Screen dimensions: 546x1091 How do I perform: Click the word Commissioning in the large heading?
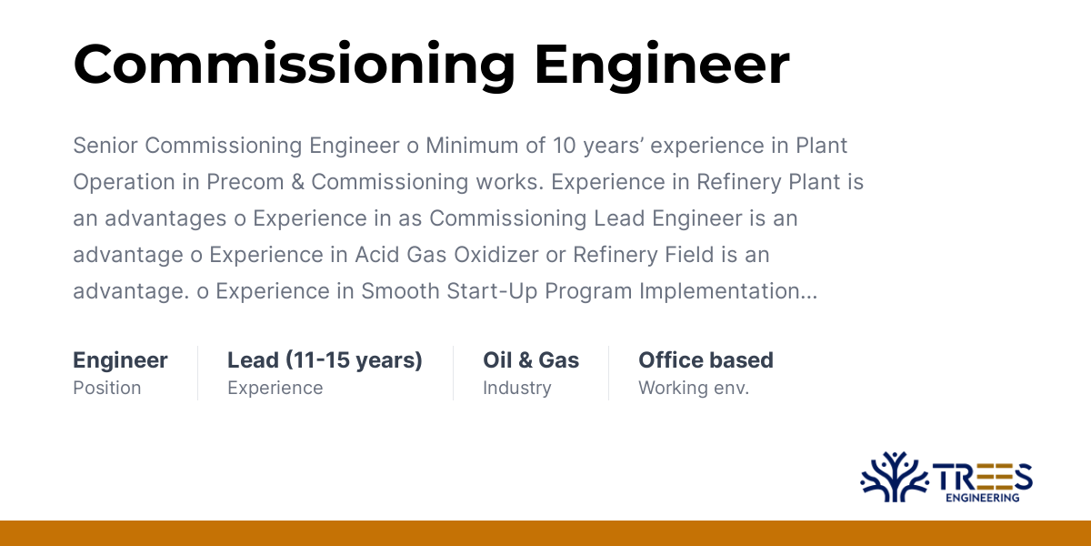(x=293, y=66)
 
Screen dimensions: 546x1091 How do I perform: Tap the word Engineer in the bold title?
(x=661, y=66)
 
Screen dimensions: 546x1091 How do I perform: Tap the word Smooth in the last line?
(x=399, y=291)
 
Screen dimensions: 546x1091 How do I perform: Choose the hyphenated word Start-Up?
(x=487, y=291)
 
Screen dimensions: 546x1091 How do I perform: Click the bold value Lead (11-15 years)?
(x=325, y=360)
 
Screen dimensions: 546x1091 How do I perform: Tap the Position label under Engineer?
(x=107, y=388)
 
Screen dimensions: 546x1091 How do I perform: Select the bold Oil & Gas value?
(x=531, y=360)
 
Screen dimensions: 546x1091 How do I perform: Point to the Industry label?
(x=516, y=388)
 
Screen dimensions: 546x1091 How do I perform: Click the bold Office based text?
(x=706, y=360)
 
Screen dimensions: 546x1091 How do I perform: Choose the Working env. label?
(x=694, y=388)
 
